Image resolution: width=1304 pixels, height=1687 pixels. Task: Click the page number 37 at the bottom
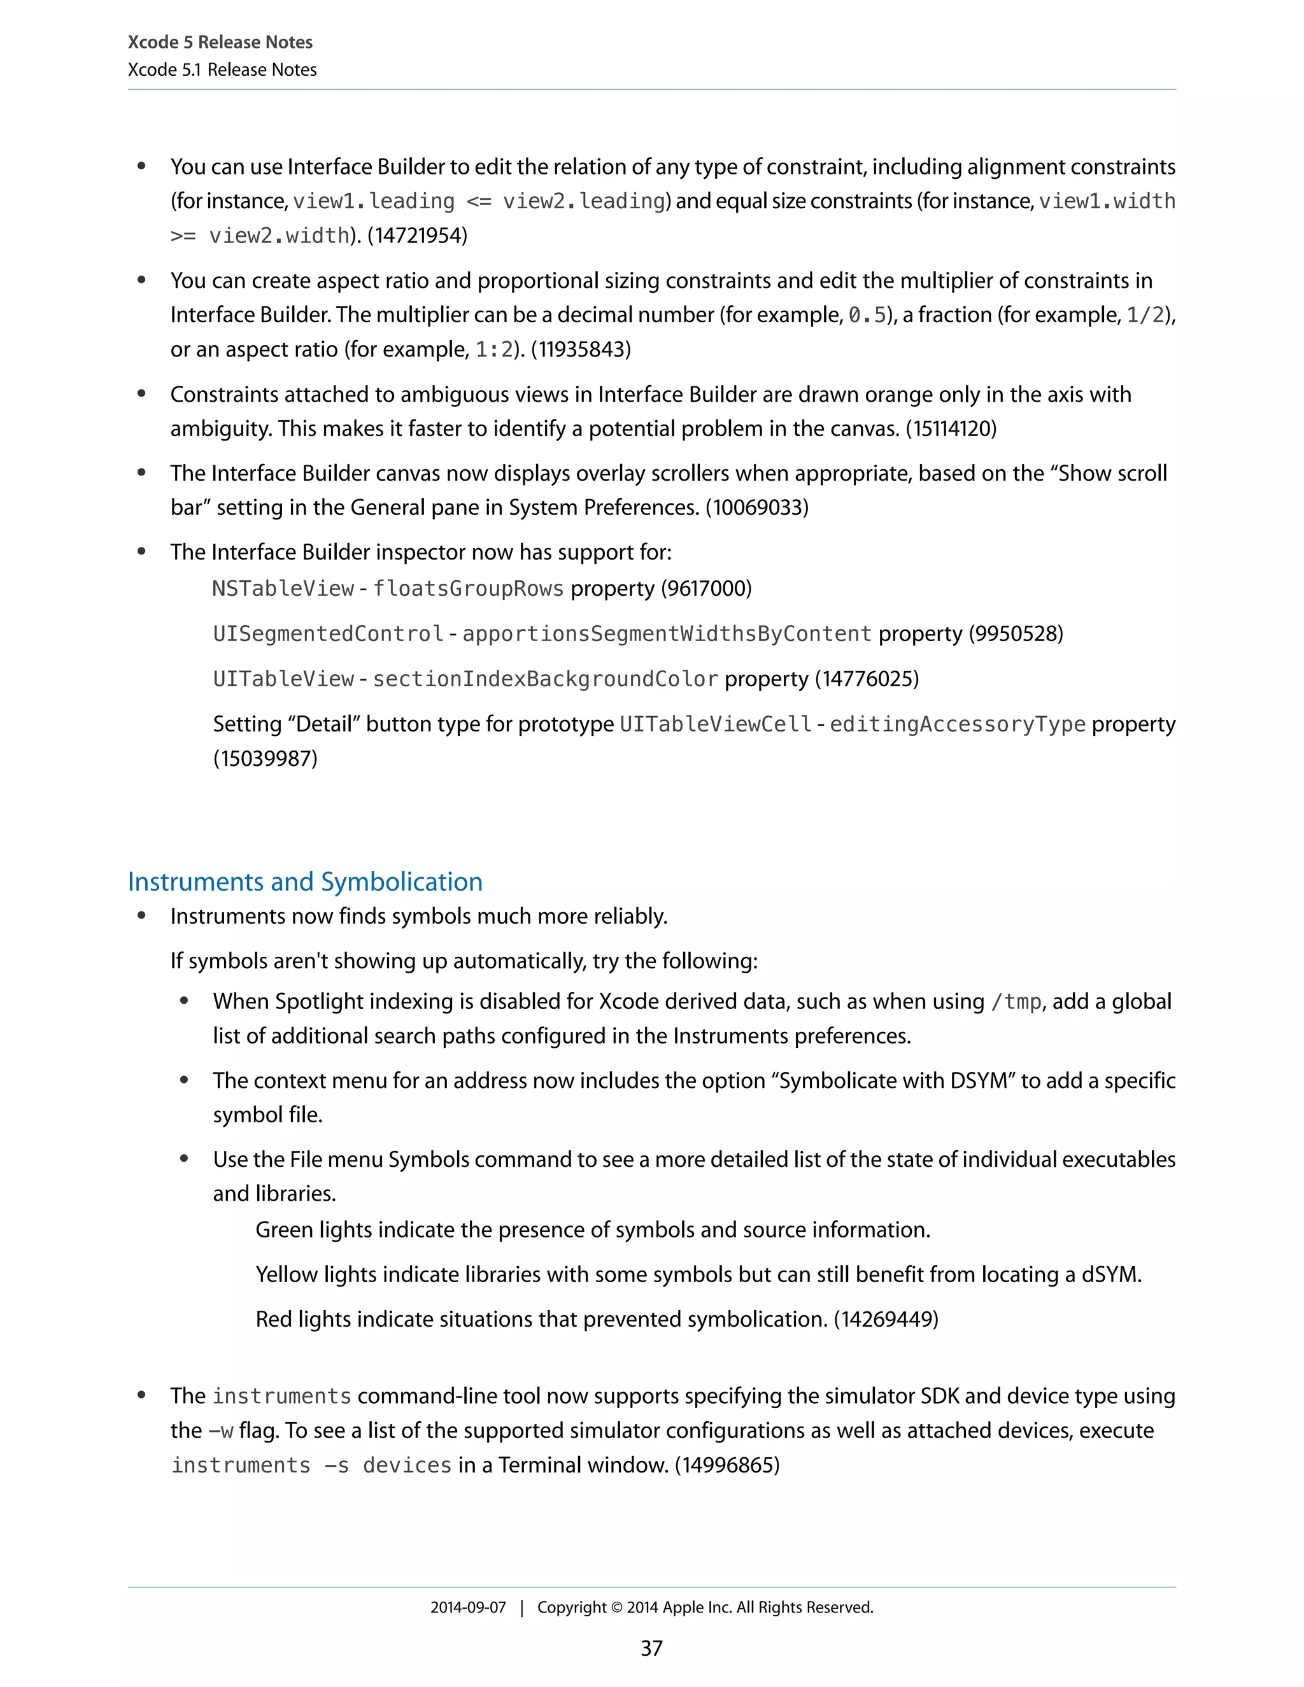(651, 1648)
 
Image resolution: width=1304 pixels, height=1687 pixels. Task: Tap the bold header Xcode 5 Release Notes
(220, 42)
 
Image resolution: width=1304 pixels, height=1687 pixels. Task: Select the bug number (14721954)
(417, 235)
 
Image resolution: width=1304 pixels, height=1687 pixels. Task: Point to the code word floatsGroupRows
(468, 589)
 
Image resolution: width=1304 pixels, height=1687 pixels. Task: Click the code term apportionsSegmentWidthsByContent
(667, 633)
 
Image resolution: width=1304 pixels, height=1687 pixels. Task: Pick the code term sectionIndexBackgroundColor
(546, 679)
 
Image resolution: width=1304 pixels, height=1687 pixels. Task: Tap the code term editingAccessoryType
(957, 724)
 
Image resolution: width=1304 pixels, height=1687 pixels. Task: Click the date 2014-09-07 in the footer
(467, 1607)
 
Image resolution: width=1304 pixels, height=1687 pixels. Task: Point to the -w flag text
(221, 1430)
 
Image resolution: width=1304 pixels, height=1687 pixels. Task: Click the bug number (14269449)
(885, 1318)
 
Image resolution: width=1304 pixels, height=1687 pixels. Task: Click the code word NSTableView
(283, 589)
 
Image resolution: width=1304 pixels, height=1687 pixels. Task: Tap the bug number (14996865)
(727, 1465)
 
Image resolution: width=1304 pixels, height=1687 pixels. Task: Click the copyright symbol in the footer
(616, 1607)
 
